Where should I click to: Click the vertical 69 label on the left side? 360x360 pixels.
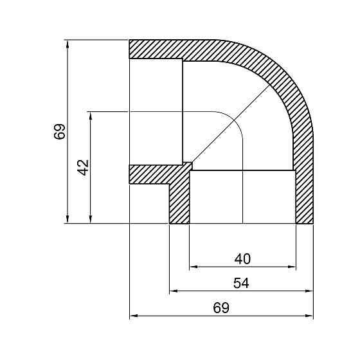click(59, 132)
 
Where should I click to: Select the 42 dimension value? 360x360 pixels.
click(82, 168)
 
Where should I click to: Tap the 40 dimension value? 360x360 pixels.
click(242, 258)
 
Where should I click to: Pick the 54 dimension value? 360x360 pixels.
click(241, 283)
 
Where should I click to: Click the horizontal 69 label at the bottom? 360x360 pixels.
click(221, 308)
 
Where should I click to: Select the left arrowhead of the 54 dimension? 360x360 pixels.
click(173, 291)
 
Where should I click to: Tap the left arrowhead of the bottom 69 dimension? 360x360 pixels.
click(133, 316)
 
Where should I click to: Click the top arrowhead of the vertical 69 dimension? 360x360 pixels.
click(67, 43)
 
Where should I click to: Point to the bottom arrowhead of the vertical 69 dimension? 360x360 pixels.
click(67, 221)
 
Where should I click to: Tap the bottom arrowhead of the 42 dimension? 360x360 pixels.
click(91, 221)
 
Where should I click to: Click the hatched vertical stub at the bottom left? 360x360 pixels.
click(179, 203)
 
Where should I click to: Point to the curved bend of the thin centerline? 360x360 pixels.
click(234, 122)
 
